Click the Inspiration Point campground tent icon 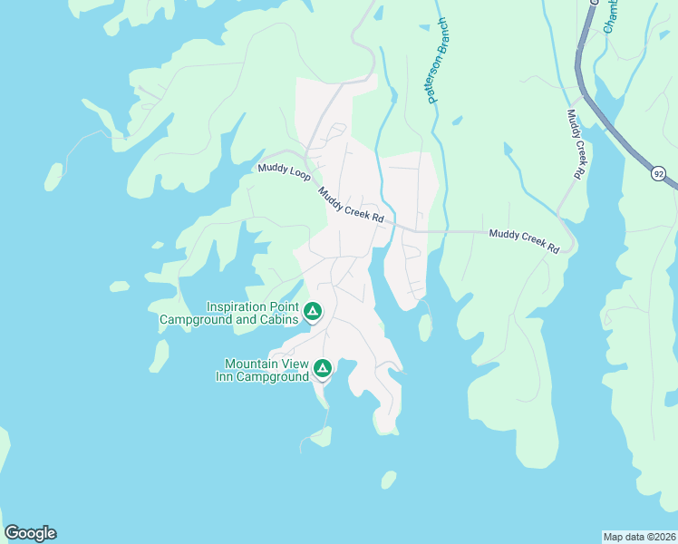coord(312,312)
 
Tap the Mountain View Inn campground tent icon coord(322,369)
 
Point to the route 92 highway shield coord(658,171)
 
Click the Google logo coord(30,533)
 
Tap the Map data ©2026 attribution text coord(639,536)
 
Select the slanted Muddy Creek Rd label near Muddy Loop coord(351,206)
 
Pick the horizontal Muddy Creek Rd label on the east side coord(523,239)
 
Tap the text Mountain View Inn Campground coord(262,370)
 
